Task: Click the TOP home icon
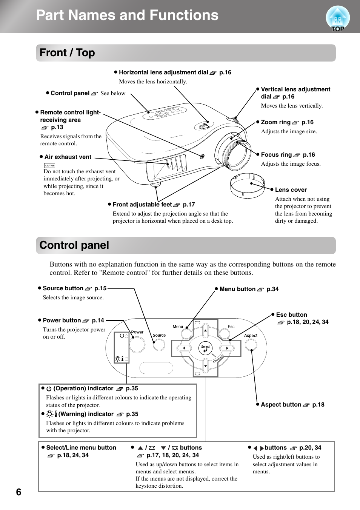pyautogui.click(x=337, y=18)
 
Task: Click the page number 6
pyautogui.click(x=18, y=492)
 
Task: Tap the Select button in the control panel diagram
pyautogui.click(x=205, y=348)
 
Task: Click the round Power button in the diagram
pyautogui.click(x=137, y=344)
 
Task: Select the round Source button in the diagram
pyautogui.click(x=159, y=344)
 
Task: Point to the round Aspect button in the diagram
pyautogui.click(x=251, y=344)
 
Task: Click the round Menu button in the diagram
pyautogui.click(x=186, y=333)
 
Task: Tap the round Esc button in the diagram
pyautogui.click(x=224, y=333)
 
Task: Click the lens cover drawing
pyautogui.click(x=247, y=185)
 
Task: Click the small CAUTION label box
pyautogui.click(x=49, y=165)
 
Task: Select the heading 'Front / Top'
pyautogui.click(x=67, y=53)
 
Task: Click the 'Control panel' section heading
pyautogui.click(x=74, y=245)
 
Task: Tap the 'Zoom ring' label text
pyautogui.click(x=276, y=122)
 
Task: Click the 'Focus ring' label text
pyautogui.click(x=276, y=155)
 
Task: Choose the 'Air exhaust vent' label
pyautogui.click(x=68, y=157)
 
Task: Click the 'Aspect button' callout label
pyautogui.click(x=281, y=405)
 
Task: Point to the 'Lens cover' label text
pyautogui.click(x=291, y=190)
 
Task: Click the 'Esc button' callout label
pyautogui.click(x=291, y=315)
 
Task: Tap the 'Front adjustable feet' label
pyautogui.click(x=142, y=205)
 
